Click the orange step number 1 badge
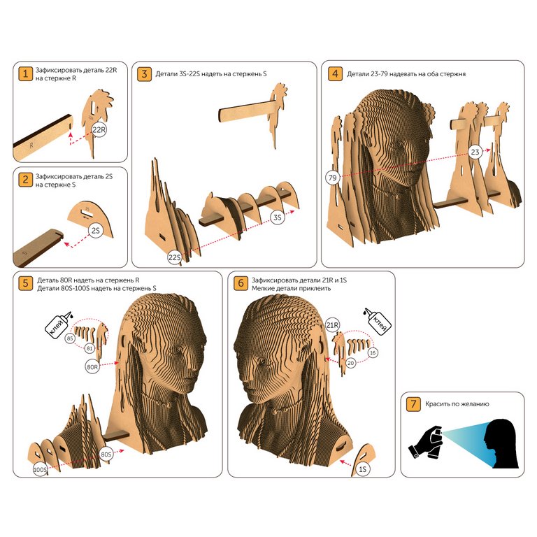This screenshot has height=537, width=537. click(x=25, y=74)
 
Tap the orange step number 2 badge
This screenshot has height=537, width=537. click(x=25, y=180)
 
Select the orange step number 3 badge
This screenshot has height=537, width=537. click(x=144, y=74)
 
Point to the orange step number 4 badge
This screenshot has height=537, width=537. click(x=335, y=74)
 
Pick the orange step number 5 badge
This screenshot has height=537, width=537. click(x=25, y=284)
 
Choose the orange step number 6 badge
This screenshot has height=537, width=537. click(x=241, y=284)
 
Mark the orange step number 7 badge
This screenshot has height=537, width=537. click(x=413, y=404)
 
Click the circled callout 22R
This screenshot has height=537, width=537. click(x=99, y=130)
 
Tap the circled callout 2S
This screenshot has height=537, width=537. click(x=95, y=231)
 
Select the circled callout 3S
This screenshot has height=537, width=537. click(x=277, y=218)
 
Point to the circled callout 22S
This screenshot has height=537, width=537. click(x=174, y=257)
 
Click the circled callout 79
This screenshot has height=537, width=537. click(x=332, y=178)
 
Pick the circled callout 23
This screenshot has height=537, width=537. click(x=475, y=152)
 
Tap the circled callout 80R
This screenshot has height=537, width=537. click(x=92, y=367)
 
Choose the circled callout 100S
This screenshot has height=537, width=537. click(x=40, y=470)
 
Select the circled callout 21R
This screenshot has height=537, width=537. click(x=332, y=325)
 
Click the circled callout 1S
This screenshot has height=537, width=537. click(x=363, y=470)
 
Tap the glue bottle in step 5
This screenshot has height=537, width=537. click(x=58, y=324)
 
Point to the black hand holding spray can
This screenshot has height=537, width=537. click(x=426, y=443)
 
